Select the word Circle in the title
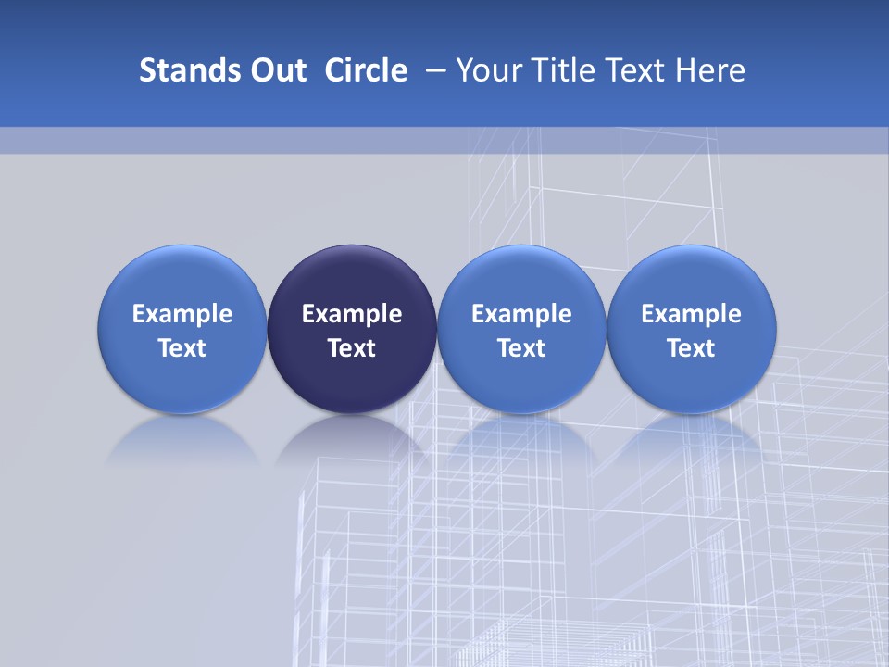pos(366,70)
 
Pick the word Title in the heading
pos(558,70)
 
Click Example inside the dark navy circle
pos(352,315)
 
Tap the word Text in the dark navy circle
pos(352,348)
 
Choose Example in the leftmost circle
pos(182,315)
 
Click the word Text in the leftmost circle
pos(182,348)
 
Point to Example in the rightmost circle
pos(691,315)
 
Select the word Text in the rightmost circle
pos(691,348)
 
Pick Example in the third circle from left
pos(521,315)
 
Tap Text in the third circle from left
pos(521,348)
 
